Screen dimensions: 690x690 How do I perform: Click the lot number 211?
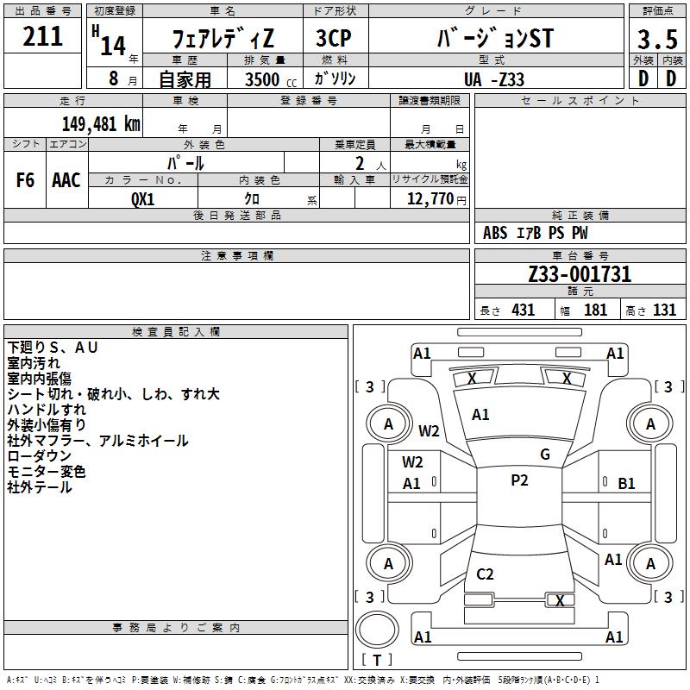42,36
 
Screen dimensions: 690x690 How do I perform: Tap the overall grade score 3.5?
656,41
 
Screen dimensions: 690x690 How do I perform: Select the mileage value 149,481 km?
101,123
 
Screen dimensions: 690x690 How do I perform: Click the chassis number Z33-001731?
580,274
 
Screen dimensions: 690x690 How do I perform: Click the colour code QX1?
143,198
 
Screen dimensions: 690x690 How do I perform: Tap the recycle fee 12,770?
429,198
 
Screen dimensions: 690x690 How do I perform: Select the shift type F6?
26,180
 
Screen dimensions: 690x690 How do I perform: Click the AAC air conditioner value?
66,180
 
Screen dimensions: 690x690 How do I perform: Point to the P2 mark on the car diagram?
519,480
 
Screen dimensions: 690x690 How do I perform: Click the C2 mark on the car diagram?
485,574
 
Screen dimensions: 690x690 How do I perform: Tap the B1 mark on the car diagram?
626,484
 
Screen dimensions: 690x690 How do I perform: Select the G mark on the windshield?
544,455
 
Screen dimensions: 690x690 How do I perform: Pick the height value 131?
664,310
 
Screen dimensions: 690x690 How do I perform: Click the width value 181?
595,310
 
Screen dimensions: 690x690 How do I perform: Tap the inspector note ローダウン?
40,456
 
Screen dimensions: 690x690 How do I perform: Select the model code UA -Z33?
493,79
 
